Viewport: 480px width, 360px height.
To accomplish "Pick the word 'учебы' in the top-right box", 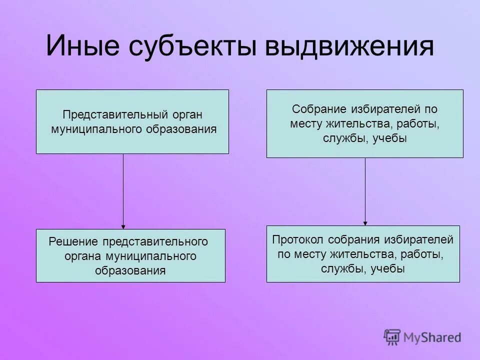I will tap(391, 138).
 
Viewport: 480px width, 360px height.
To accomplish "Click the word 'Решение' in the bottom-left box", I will tap(73, 241).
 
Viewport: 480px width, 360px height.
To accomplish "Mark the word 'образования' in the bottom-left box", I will tap(130, 271).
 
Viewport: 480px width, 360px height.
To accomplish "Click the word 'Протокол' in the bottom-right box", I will tap(294, 239).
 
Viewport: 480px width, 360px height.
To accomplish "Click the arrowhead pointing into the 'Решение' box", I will tap(123, 226).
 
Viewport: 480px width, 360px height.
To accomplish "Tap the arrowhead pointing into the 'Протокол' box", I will tap(365, 223).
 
